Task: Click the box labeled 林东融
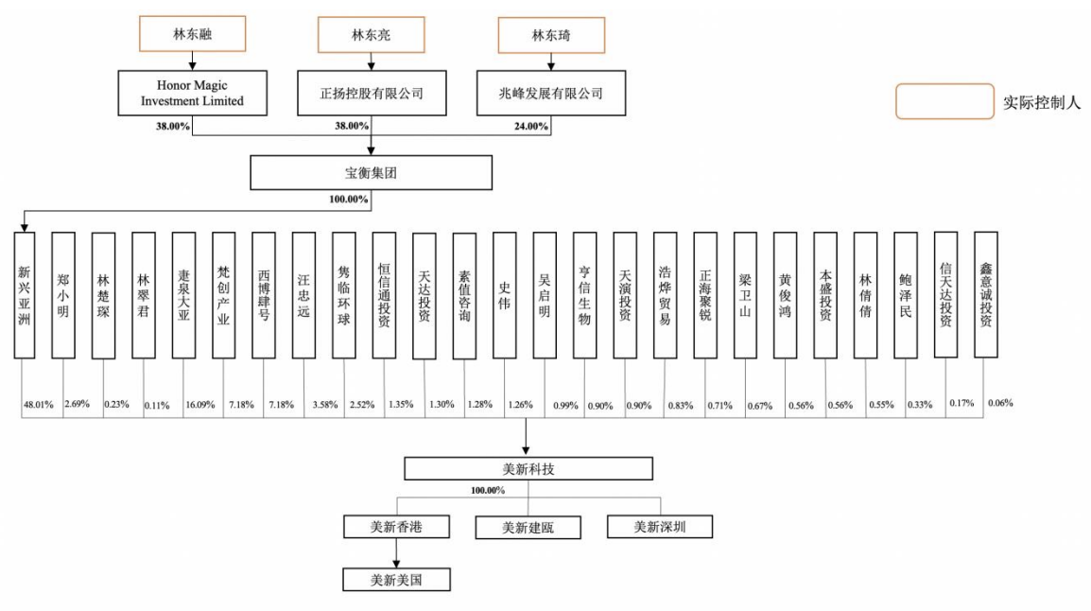point(193,35)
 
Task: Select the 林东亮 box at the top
point(372,35)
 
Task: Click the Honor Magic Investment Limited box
point(192,94)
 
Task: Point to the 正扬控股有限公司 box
point(372,94)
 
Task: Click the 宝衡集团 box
point(372,173)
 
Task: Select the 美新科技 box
point(528,468)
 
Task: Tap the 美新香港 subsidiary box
point(396,526)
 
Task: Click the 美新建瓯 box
point(528,527)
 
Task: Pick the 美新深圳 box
point(658,526)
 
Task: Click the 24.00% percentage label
point(529,127)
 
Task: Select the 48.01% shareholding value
point(38,405)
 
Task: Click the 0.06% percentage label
point(999,403)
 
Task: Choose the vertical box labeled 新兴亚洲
point(25,294)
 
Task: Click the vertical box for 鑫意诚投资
point(985,294)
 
